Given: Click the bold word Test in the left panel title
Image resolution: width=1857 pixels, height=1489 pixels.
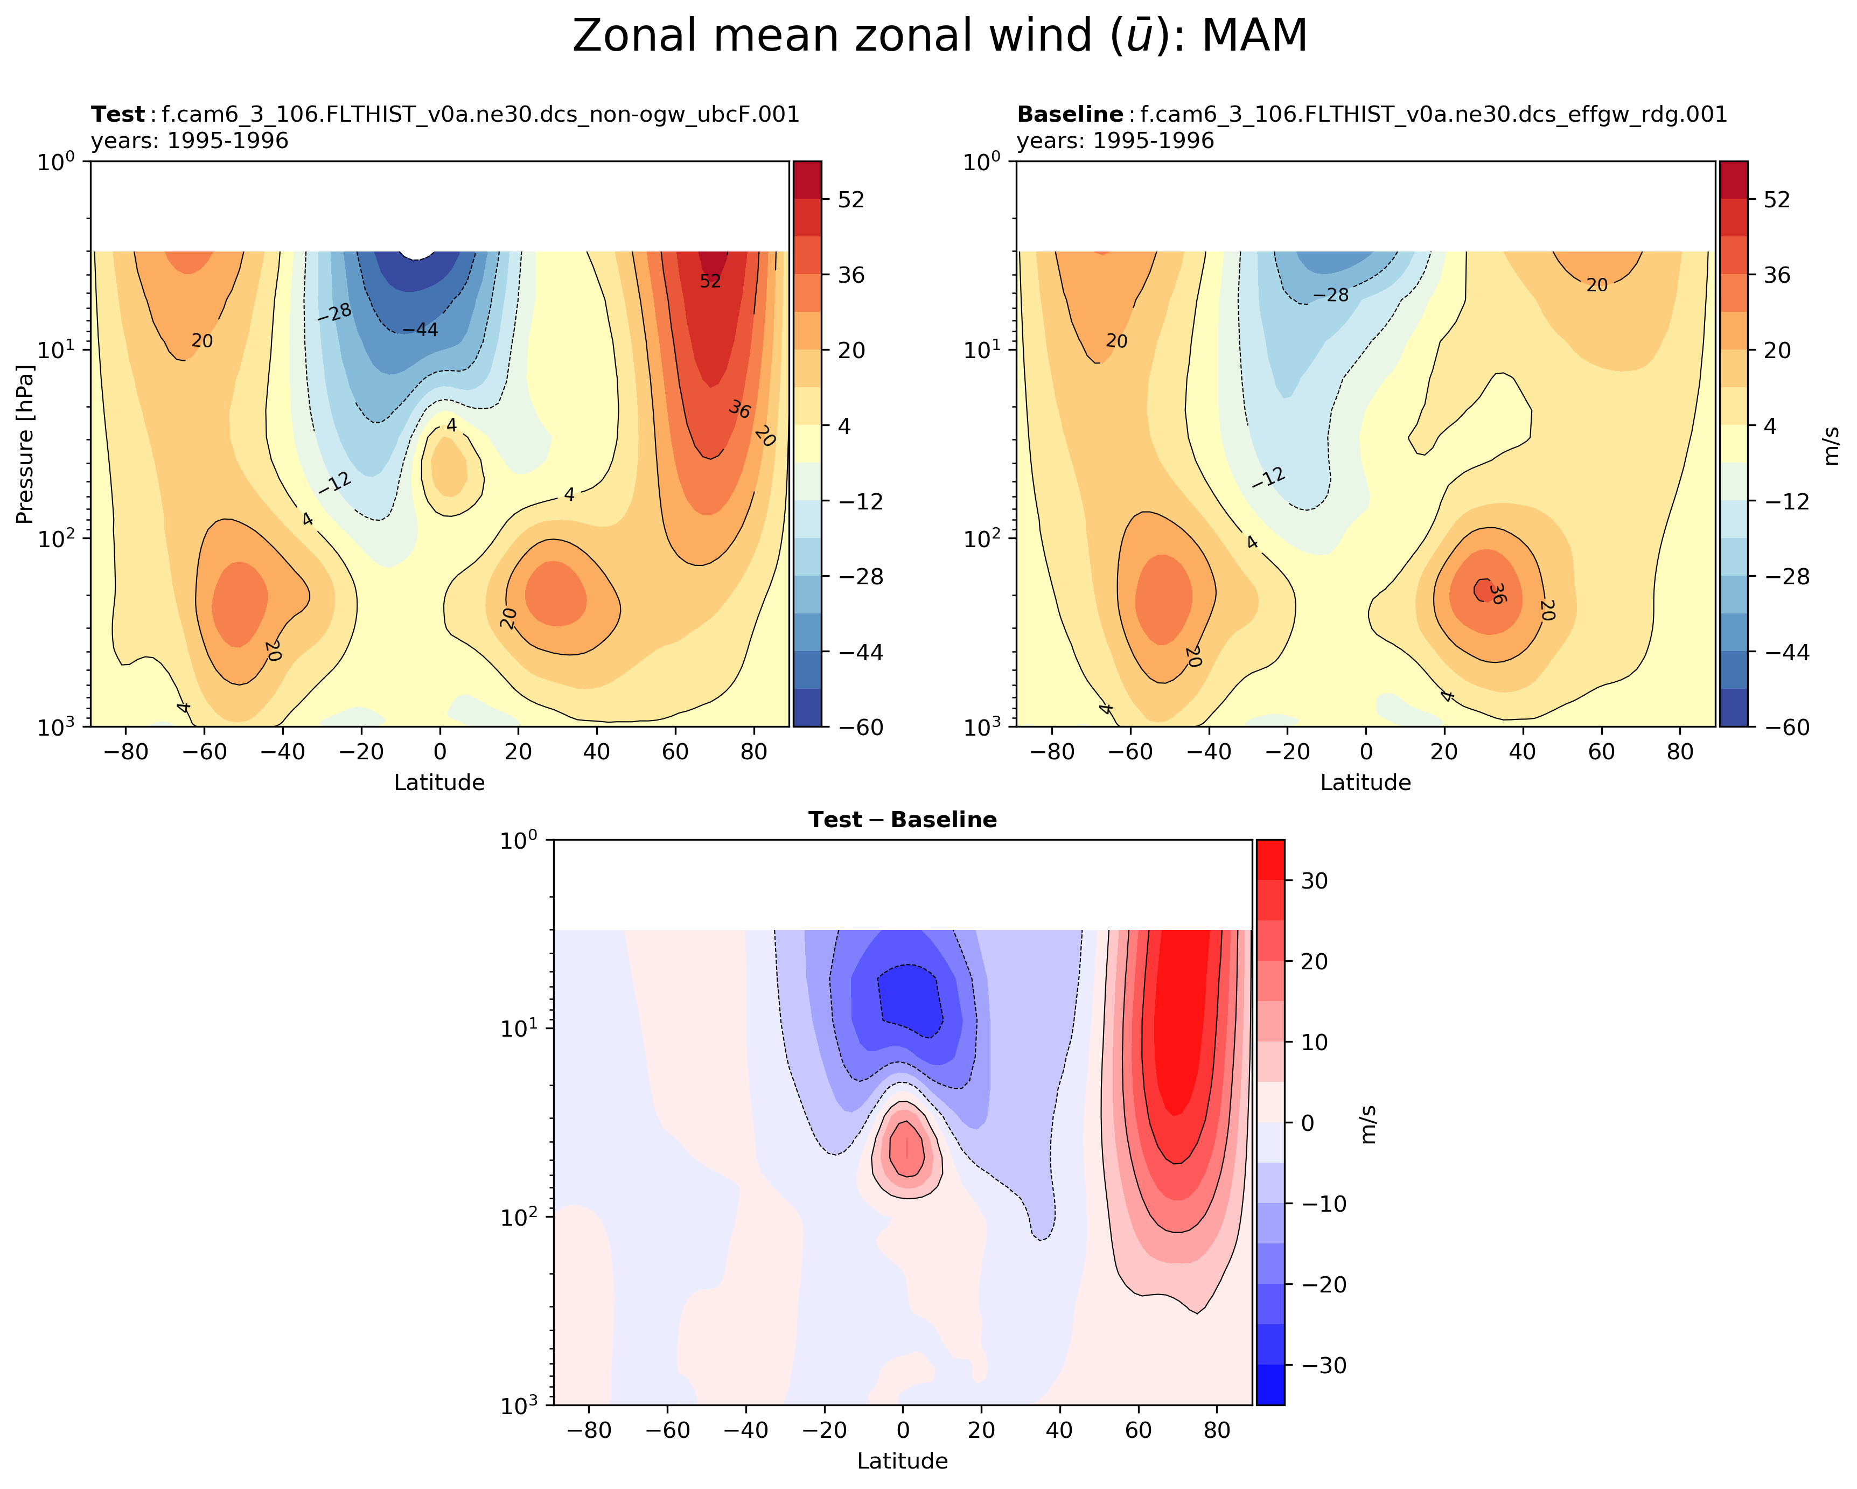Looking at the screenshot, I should click(118, 115).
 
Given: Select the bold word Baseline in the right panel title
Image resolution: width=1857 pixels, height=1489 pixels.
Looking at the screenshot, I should click(1070, 115).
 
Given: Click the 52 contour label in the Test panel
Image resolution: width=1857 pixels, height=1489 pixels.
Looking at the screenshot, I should click(710, 282).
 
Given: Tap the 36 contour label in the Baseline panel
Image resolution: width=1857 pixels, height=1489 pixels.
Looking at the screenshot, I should click(1497, 593).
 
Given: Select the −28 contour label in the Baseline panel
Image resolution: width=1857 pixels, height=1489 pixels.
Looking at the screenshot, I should click(1331, 296).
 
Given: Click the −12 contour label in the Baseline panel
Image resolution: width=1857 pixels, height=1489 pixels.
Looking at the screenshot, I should click(1269, 478).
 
